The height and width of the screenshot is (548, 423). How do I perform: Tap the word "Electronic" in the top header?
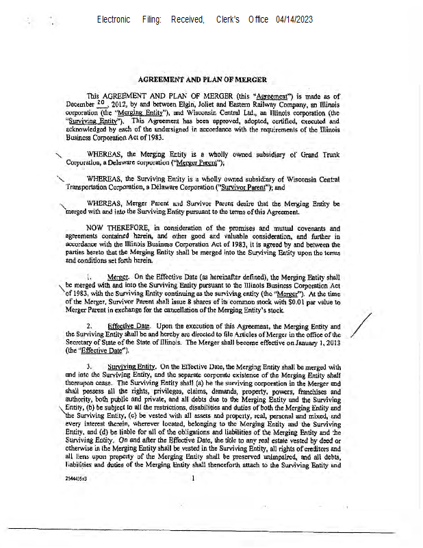(114, 19)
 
